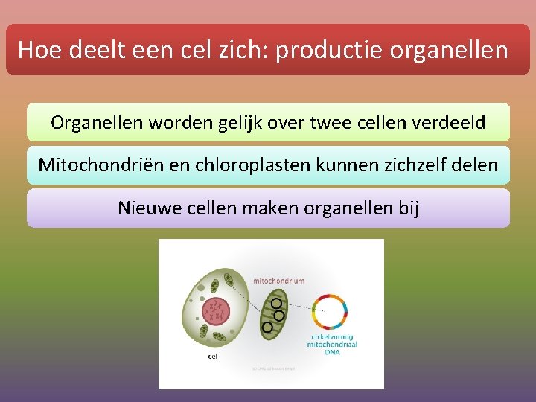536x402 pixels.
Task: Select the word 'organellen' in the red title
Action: [x=451, y=51]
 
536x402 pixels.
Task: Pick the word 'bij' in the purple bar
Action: [x=409, y=208]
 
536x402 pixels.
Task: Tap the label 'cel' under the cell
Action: [x=213, y=357]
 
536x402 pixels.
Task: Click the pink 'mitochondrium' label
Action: [x=278, y=281]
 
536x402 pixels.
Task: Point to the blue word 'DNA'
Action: [x=330, y=352]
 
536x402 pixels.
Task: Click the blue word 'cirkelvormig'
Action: [x=329, y=337]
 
